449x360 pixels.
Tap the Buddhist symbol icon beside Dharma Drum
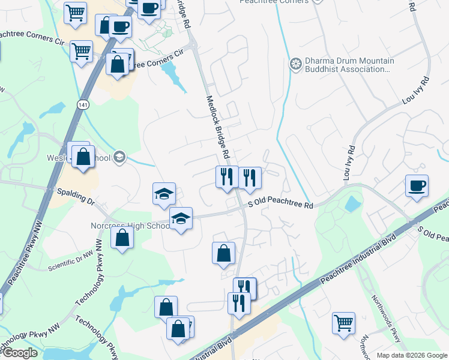(x=295, y=63)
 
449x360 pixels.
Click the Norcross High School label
(x=130, y=226)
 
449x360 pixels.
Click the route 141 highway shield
(x=82, y=105)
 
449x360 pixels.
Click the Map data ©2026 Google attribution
(x=411, y=355)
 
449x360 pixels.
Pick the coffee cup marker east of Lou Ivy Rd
(x=417, y=185)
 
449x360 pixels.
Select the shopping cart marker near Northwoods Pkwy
(x=343, y=322)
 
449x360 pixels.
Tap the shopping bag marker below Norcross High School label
(x=122, y=238)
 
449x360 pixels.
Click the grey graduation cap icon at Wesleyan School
(x=119, y=157)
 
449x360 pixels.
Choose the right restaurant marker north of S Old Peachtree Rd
(x=250, y=177)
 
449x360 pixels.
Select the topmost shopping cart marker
(x=75, y=12)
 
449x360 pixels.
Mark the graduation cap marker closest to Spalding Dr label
(x=164, y=193)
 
